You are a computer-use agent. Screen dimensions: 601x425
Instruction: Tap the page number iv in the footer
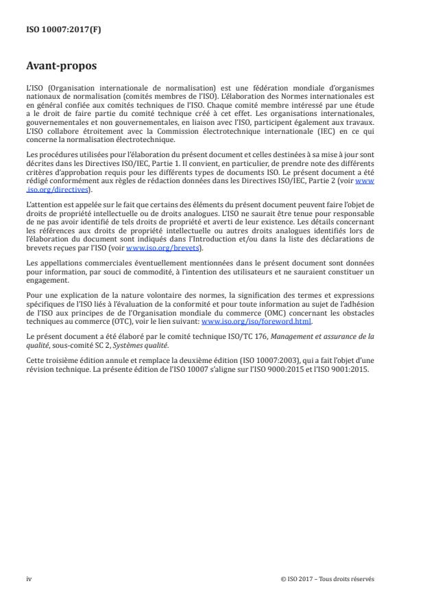click(29, 578)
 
